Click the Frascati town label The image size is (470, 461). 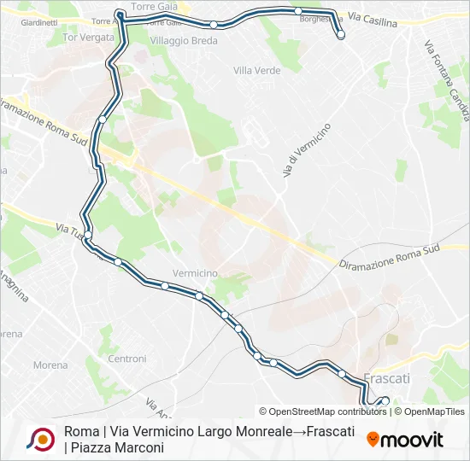click(387, 377)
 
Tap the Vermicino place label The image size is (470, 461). click(195, 272)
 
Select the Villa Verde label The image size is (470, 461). click(256, 70)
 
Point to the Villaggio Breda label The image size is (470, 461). click(178, 40)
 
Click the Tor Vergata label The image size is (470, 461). click(88, 38)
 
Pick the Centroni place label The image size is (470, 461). click(127, 359)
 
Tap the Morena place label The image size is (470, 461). click(50, 365)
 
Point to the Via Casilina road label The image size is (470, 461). click(373, 21)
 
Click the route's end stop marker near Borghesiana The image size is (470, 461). click(341, 35)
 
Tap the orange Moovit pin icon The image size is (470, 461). click(373, 440)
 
